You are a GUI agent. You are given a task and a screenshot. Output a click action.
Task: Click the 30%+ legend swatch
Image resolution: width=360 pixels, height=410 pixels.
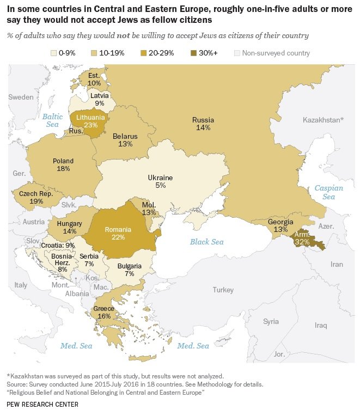[x=195, y=53]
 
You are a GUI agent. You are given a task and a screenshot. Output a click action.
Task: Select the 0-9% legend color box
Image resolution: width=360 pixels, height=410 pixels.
[x=54, y=53]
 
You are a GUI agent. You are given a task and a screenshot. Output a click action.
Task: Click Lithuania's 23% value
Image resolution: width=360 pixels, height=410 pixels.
[x=87, y=125]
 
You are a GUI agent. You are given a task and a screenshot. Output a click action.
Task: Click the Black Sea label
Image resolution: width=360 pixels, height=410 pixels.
[x=206, y=241]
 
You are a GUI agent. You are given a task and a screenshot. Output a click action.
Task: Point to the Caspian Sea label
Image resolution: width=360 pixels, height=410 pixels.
[x=329, y=192]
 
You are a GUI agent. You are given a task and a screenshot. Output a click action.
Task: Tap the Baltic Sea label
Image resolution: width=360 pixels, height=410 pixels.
[x=53, y=120]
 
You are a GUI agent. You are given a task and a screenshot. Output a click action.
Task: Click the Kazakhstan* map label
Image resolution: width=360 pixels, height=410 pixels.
[x=323, y=119]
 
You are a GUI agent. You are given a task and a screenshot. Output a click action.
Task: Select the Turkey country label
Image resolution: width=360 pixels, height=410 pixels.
[x=223, y=290]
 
